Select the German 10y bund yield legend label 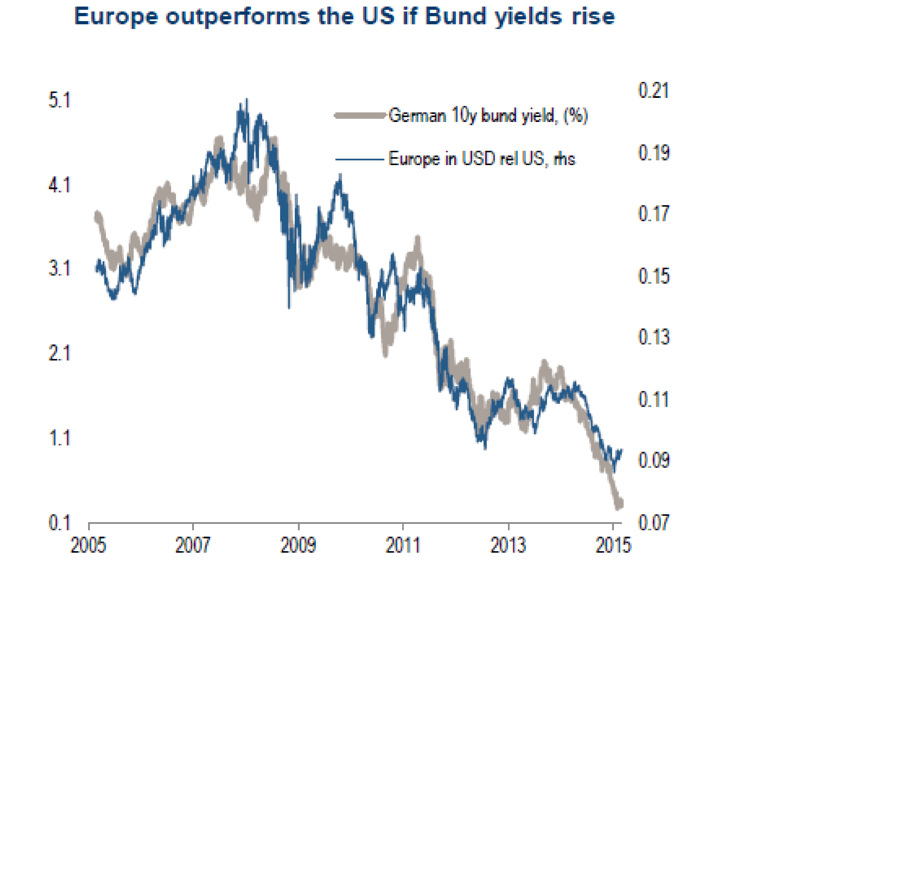pyautogui.click(x=488, y=115)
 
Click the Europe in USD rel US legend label pyautogui.click(x=481, y=159)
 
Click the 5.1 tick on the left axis pyautogui.click(x=59, y=101)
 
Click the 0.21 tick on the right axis pyautogui.click(x=653, y=90)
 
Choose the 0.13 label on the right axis pyautogui.click(x=653, y=337)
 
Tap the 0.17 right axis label pyautogui.click(x=653, y=214)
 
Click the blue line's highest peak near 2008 pyautogui.click(x=246, y=100)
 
